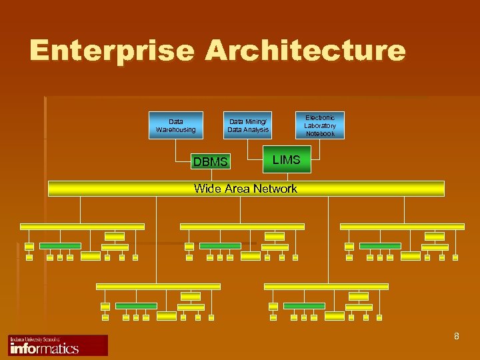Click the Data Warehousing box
point(176,125)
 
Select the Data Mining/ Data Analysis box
point(248,125)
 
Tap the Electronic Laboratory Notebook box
point(320,125)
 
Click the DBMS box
point(210,161)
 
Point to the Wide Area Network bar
point(246,189)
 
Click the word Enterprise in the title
point(113,51)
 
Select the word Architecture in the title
point(305,51)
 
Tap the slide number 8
point(456,336)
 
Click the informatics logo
point(58,345)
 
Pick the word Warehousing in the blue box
point(176,130)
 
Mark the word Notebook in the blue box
point(320,134)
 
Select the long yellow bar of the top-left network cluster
point(82,227)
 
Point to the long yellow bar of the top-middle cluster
point(242,227)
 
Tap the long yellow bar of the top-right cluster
point(402,227)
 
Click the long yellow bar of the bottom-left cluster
point(158,287)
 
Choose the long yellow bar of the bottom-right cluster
point(326,287)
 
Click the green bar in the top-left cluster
point(60,246)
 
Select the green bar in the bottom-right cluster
point(304,306)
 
